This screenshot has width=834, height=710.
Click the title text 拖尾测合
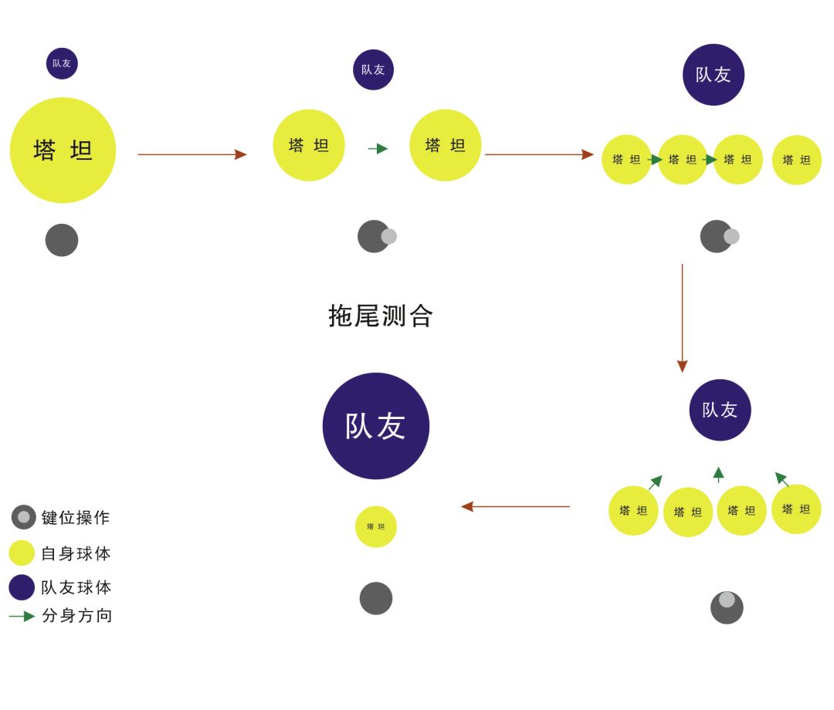click(x=381, y=316)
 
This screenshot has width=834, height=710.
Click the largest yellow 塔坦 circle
click(x=63, y=150)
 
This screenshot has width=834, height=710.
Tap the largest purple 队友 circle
click(x=376, y=426)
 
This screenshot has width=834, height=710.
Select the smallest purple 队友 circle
click(x=62, y=63)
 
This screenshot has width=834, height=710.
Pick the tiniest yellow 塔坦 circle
click(x=376, y=527)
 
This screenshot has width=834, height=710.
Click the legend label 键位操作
click(x=76, y=518)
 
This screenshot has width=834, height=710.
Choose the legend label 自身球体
click(x=76, y=553)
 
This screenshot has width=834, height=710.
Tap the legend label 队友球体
click(x=76, y=587)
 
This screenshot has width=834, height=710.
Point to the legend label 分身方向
click(x=77, y=616)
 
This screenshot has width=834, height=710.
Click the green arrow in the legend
click(x=22, y=616)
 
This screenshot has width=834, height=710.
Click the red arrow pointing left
click(x=515, y=506)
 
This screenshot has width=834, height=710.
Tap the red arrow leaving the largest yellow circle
click(x=192, y=154)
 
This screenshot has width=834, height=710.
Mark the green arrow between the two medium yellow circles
click(x=378, y=148)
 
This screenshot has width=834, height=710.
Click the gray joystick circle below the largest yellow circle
click(x=62, y=240)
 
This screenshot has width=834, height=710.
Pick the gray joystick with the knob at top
click(x=727, y=607)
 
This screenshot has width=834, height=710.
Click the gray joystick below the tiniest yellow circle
click(x=376, y=598)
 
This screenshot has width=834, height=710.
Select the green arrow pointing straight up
click(x=718, y=475)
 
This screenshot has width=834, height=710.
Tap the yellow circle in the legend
click(x=22, y=553)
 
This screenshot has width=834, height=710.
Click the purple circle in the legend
click(x=22, y=587)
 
